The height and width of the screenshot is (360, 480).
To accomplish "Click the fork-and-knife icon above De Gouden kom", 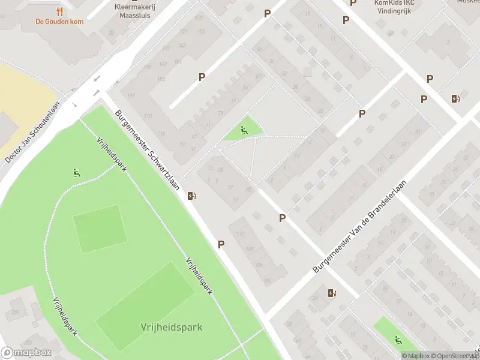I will click(59, 11).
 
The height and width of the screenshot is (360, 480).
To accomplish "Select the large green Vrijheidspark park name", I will click(172, 327).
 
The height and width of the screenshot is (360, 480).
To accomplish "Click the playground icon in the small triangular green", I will click(244, 130).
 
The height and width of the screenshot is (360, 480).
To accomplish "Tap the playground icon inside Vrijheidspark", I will click(76, 173).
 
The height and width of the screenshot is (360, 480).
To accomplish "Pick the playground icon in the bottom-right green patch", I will click(398, 340).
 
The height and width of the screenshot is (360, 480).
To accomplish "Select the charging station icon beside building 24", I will click(332, 293).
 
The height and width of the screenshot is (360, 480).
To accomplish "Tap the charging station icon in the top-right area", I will click(456, 98).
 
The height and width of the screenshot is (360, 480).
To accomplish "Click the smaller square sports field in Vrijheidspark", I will click(100, 229).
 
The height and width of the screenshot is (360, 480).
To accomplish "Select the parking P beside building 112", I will click(221, 244).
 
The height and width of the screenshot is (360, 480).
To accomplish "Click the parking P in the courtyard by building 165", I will click(202, 77).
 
